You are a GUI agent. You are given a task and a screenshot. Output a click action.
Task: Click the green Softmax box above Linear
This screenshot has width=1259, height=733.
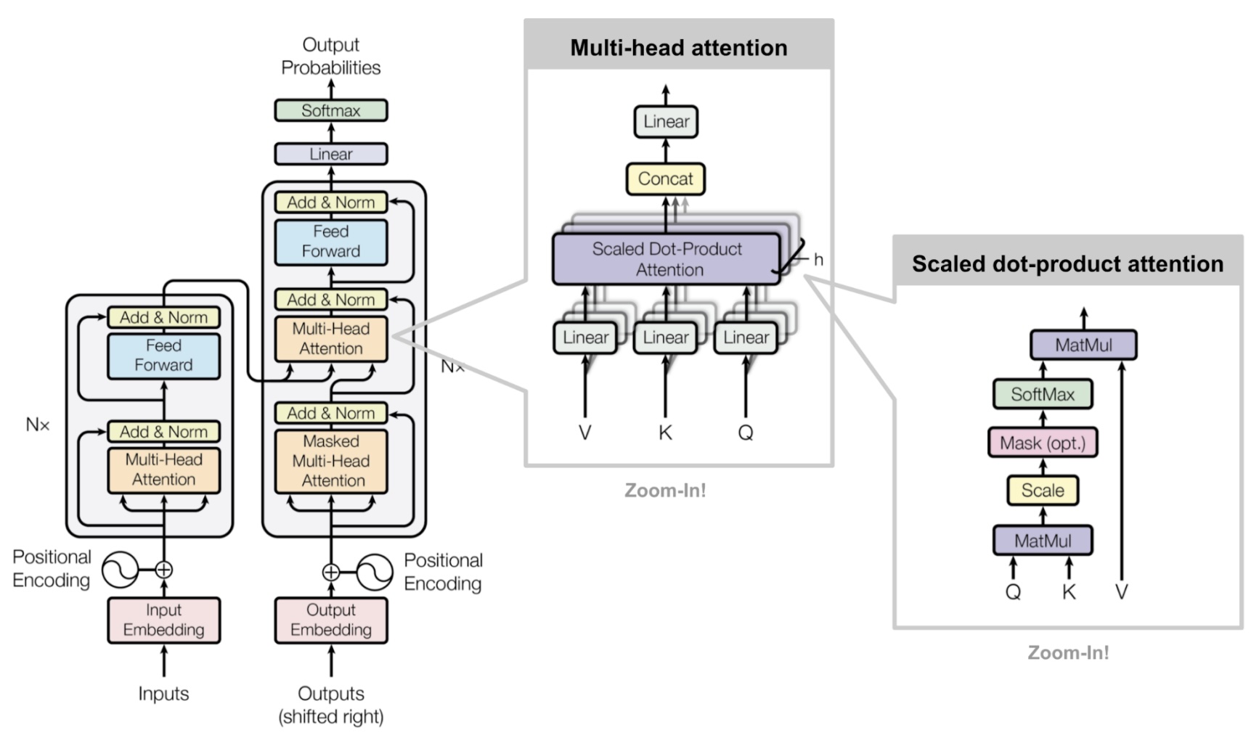coord(330,110)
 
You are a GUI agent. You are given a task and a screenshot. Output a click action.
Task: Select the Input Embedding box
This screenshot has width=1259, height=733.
coord(163,620)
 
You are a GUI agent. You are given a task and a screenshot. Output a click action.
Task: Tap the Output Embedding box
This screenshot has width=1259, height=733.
coord(330,620)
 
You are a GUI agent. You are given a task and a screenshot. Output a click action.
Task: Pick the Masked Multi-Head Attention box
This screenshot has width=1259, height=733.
coord(330,461)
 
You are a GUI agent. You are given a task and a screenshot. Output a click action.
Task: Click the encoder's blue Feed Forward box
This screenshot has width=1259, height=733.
coord(163,356)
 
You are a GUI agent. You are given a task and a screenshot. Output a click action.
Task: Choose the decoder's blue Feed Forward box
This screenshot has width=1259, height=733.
coord(330,242)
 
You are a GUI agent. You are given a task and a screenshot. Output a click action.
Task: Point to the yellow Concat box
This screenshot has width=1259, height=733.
coord(665,179)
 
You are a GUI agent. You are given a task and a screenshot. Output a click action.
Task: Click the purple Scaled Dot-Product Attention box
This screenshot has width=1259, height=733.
coord(667,259)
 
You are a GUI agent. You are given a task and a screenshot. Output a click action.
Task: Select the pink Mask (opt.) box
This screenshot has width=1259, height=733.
coord(1042,443)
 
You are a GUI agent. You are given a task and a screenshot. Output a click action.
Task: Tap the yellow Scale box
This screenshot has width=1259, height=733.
coord(1042,491)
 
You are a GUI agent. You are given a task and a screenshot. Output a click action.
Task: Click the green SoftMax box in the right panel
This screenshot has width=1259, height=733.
coord(1042,394)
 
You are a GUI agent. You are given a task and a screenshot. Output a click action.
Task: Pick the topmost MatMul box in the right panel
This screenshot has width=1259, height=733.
coord(1083,345)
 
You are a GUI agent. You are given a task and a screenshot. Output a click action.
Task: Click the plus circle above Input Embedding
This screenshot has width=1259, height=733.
coord(164,570)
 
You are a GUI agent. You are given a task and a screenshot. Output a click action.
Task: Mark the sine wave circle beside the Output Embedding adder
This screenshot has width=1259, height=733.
coord(375,572)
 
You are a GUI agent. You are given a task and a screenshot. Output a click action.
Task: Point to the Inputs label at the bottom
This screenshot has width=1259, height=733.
coord(163,694)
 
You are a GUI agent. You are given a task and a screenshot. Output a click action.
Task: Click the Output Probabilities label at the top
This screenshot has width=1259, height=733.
coord(330,56)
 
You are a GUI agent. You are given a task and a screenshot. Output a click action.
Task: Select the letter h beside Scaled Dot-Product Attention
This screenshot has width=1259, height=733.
coord(818,260)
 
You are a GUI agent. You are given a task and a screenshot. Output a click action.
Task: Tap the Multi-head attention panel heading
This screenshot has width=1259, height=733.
coord(678,48)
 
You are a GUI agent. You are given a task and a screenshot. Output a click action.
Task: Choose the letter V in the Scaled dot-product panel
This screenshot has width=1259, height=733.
coord(1121,592)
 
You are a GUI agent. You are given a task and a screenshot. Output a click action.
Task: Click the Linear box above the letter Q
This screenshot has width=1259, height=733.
coord(746,337)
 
